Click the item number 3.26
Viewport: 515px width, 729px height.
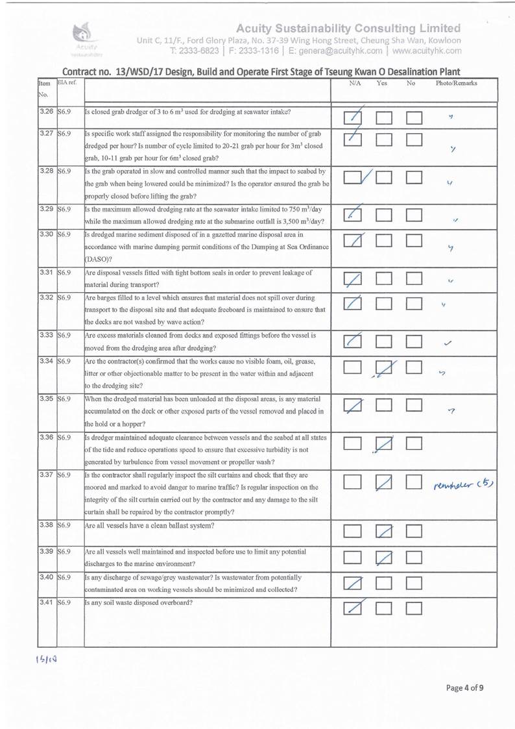[x=47, y=112]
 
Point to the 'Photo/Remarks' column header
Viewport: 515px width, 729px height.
[x=457, y=84]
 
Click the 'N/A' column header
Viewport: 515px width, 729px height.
[x=355, y=84]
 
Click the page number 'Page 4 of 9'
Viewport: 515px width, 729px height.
[x=464, y=688]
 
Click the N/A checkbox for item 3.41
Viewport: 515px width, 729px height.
[x=354, y=608]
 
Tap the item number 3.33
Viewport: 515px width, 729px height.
[x=47, y=336]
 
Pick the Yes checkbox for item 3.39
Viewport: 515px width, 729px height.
[x=385, y=558]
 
